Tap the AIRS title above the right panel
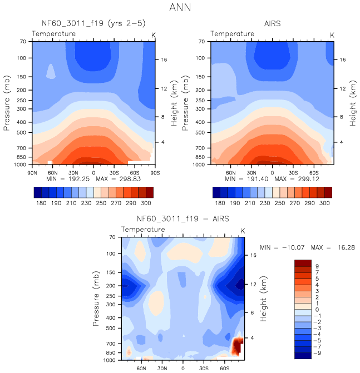click(x=272, y=24)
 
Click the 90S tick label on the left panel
click(x=152, y=172)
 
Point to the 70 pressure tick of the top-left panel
click(x=24, y=42)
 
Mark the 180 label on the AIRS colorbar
click(x=220, y=204)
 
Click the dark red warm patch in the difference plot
click(x=238, y=346)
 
